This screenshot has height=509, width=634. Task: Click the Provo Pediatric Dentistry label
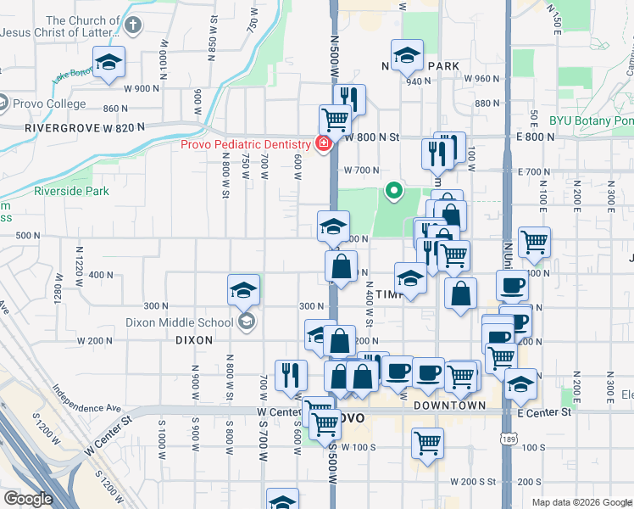(x=245, y=143)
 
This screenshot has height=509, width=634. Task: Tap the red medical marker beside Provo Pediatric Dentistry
(x=322, y=143)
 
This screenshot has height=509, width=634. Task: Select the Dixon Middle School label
(x=179, y=322)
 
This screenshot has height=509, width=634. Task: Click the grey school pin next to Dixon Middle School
(x=246, y=321)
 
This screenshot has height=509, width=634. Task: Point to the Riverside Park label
(x=71, y=192)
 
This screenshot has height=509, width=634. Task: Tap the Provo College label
(x=49, y=104)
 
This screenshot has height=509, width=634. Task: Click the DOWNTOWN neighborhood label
(x=450, y=406)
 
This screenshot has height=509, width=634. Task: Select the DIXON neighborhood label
(x=192, y=339)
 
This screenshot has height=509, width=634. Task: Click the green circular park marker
(x=393, y=191)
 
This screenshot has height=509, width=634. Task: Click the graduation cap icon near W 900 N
(x=108, y=63)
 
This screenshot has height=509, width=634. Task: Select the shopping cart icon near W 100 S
(x=427, y=441)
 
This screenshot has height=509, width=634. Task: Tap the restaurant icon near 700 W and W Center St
(x=291, y=373)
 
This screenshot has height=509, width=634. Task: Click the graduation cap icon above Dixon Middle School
(x=243, y=290)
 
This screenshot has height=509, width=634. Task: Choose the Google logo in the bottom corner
(x=28, y=499)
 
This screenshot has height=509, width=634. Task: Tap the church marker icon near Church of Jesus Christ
(x=132, y=26)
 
